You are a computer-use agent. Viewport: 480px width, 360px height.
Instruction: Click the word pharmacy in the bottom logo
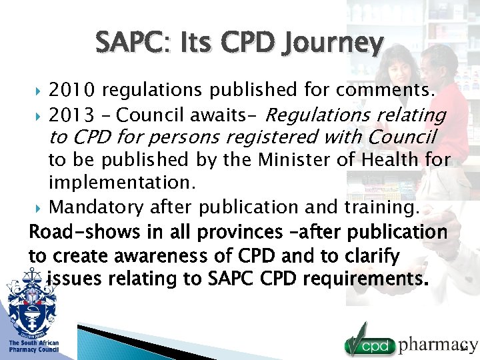point(438,345)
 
